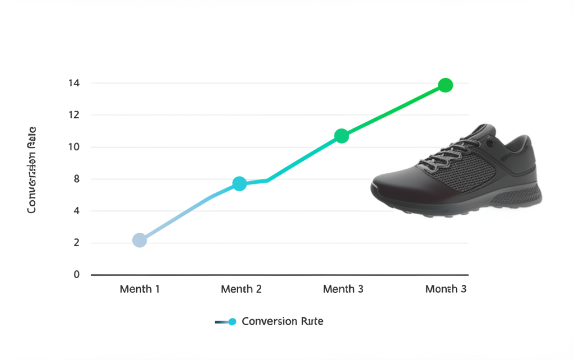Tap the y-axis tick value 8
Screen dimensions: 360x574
[77, 179]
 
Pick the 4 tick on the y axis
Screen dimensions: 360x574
[77, 211]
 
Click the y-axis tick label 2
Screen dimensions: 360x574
[77, 243]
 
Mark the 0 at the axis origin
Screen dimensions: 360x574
[77, 275]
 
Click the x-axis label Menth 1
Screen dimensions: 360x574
[140, 289]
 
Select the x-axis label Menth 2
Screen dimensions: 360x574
[241, 289]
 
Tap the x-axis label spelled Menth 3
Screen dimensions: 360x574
[343, 289]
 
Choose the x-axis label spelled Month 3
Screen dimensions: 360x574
[446, 289]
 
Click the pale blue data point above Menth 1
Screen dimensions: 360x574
[140, 241]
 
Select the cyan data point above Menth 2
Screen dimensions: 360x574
[239, 183]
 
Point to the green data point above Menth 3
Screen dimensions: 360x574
[342, 136]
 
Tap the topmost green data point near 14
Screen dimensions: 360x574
[445, 85]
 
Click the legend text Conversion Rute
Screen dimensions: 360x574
[283, 321]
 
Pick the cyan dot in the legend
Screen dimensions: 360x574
[233, 321]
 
